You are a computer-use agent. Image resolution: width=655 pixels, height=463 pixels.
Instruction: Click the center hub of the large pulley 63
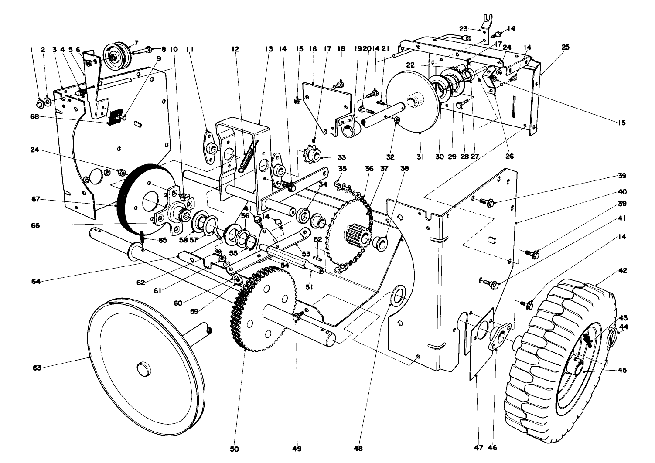point(143,368)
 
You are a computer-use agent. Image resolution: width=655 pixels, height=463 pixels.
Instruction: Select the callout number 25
point(565,47)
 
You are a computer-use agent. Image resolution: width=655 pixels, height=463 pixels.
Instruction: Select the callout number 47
point(479,448)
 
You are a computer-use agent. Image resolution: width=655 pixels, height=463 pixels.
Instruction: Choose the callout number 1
point(32,50)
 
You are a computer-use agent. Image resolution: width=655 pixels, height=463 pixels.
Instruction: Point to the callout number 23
point(463,29)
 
